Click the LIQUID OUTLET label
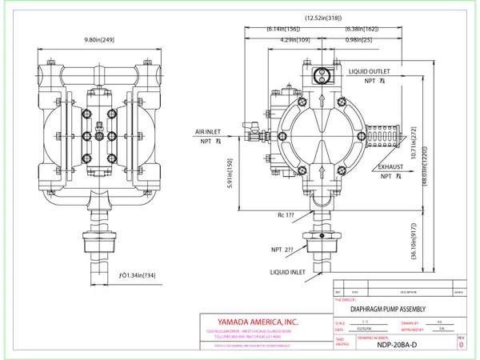pyautogui.click(x=369, y=71)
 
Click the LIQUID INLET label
pyautogui.click(x=288, y=273)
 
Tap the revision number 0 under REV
pyautogui.click(x=461, y=347)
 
